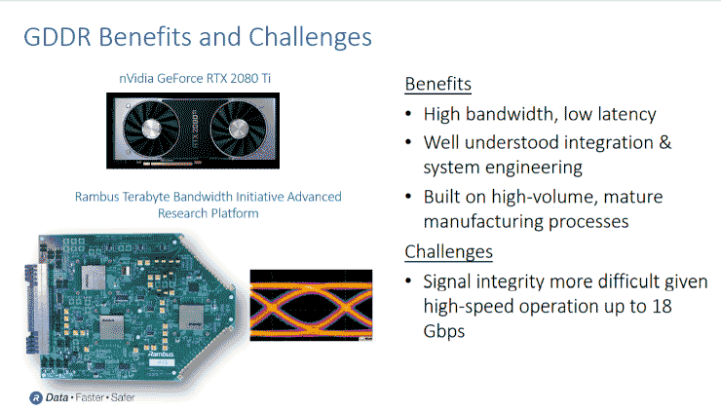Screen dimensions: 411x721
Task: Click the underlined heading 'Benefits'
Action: click(437, 83)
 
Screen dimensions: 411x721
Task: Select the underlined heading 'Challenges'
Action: click(448, 252)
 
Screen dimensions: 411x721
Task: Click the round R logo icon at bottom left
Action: click(35, 398)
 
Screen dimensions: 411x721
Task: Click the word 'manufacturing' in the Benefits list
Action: click(479, 221)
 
